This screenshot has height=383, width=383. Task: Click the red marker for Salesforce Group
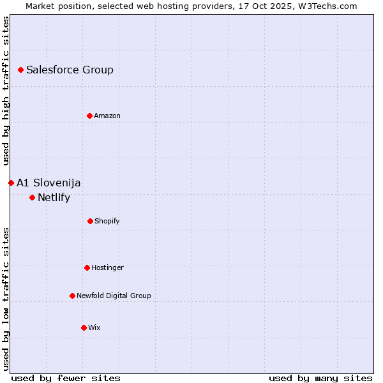[20, 70]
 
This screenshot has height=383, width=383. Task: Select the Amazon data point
[89, 116]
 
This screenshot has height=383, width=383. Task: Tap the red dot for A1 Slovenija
[11, 183]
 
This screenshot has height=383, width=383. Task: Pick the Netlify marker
[32, 197]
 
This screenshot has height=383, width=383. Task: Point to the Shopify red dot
[90, 221]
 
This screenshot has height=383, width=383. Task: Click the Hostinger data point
[87, 267]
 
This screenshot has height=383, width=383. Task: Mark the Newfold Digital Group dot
[72, 296]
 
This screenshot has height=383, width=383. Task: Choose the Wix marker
[84, 327]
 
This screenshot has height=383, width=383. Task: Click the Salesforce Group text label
[70, 70]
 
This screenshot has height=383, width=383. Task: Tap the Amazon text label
[107, 116]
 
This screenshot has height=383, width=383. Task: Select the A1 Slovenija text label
[49, 183]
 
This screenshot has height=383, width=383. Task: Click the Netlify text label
[54, 197]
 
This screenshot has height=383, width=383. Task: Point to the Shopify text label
[107, 221]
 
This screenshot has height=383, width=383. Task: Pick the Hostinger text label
[107, 267]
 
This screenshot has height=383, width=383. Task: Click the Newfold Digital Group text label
[114, 296]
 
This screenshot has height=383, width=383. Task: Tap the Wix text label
[94, 327]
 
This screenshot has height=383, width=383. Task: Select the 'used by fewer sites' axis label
[66, 378]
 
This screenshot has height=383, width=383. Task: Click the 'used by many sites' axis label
[320, 378]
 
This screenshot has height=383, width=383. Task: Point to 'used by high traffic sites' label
[6, 89]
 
